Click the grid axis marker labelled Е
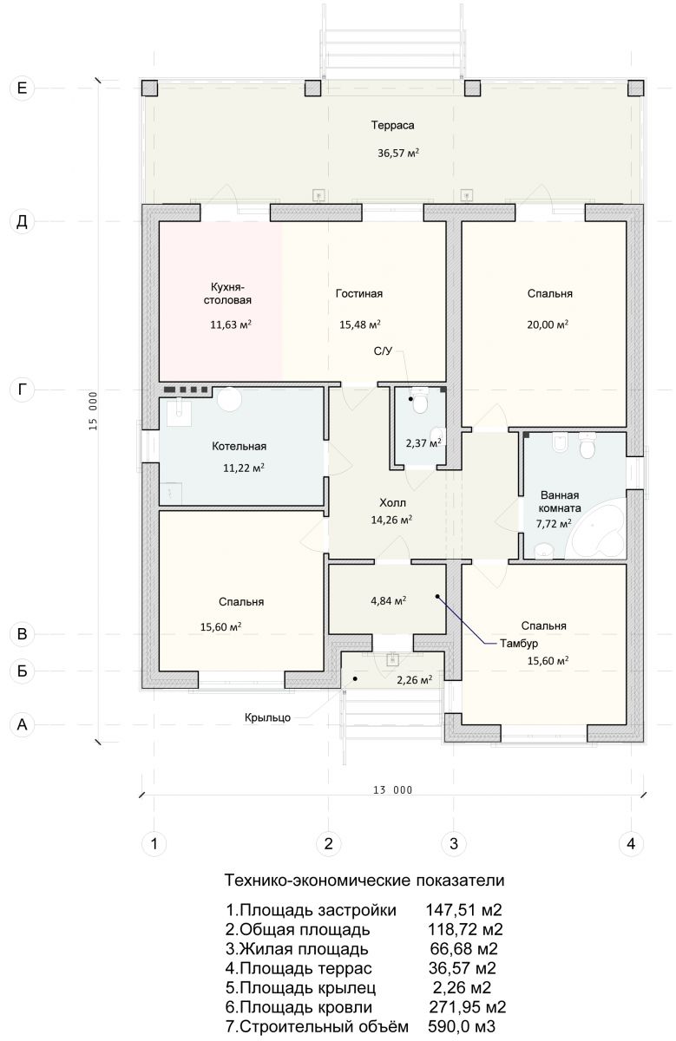click(x=22, y=88)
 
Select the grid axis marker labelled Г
click(x=22, y=390)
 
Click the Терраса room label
click(x=392, y=126)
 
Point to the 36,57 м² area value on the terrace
click(x=398, y=153)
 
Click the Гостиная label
click(x=359, y=294)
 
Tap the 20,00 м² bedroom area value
click(x=548, y=324)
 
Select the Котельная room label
click(x=239, y=447)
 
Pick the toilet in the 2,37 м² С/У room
click(x=420, y=401)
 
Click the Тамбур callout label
click(x=519, y=644)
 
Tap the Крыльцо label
click(x=268, y=717)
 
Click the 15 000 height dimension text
click(x=93, y=411)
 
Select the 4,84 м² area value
click(x=388, y=601)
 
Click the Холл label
click(x=392, y=502)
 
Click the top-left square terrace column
click(x=150, y=88)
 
